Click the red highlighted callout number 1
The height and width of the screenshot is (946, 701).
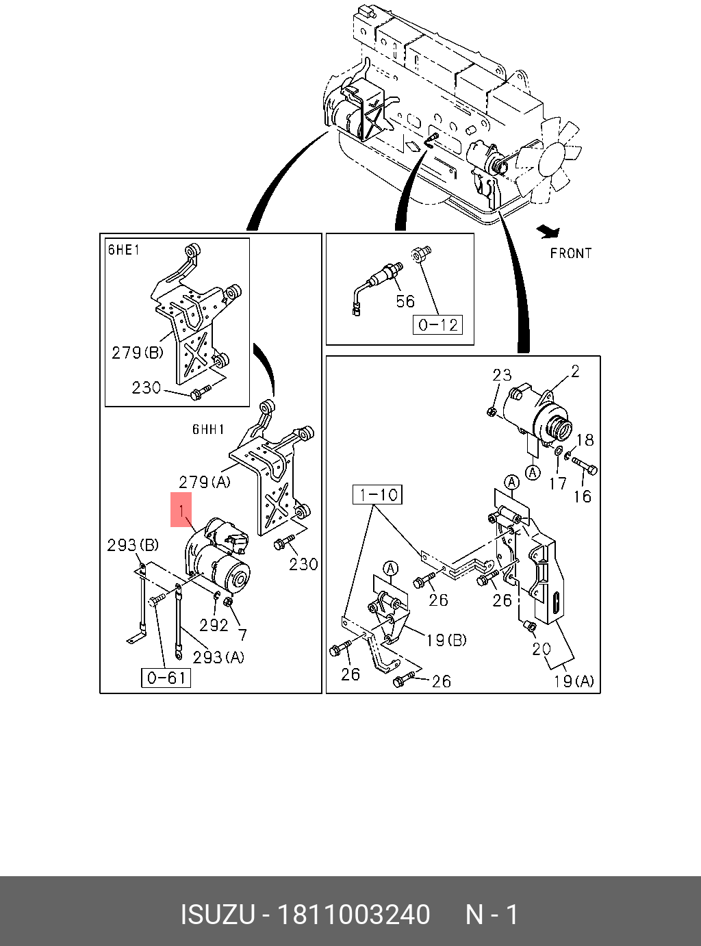[x=181, y=510]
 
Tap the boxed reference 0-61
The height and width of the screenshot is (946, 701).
[x=166, y=678]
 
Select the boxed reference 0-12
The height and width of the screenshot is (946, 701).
[x=437, y=324]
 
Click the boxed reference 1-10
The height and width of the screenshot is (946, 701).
[x=377, y=494]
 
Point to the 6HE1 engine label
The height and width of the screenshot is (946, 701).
[x=124, y=250]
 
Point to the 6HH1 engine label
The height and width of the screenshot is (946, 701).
[x=208, y=429]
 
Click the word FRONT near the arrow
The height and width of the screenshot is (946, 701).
[x=570, y=253]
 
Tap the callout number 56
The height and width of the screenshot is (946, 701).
[x=405, y=301]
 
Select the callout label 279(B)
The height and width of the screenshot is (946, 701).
[x=138, y=353]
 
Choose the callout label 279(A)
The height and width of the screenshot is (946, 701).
[x=204, y=482]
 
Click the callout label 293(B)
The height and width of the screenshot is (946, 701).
[x=133, y=545]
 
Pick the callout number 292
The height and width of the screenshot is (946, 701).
[x=214, y=624]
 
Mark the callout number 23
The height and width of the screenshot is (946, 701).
[x=502, y=374]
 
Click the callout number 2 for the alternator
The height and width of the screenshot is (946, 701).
[x=575, y=371]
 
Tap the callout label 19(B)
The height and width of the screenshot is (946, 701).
[x=446, y=640]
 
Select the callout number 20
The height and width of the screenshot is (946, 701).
[x=541, y=648]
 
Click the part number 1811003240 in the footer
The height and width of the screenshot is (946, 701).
[x=352, y=915]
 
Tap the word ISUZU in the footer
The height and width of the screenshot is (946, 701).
[x=218, y=915]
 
